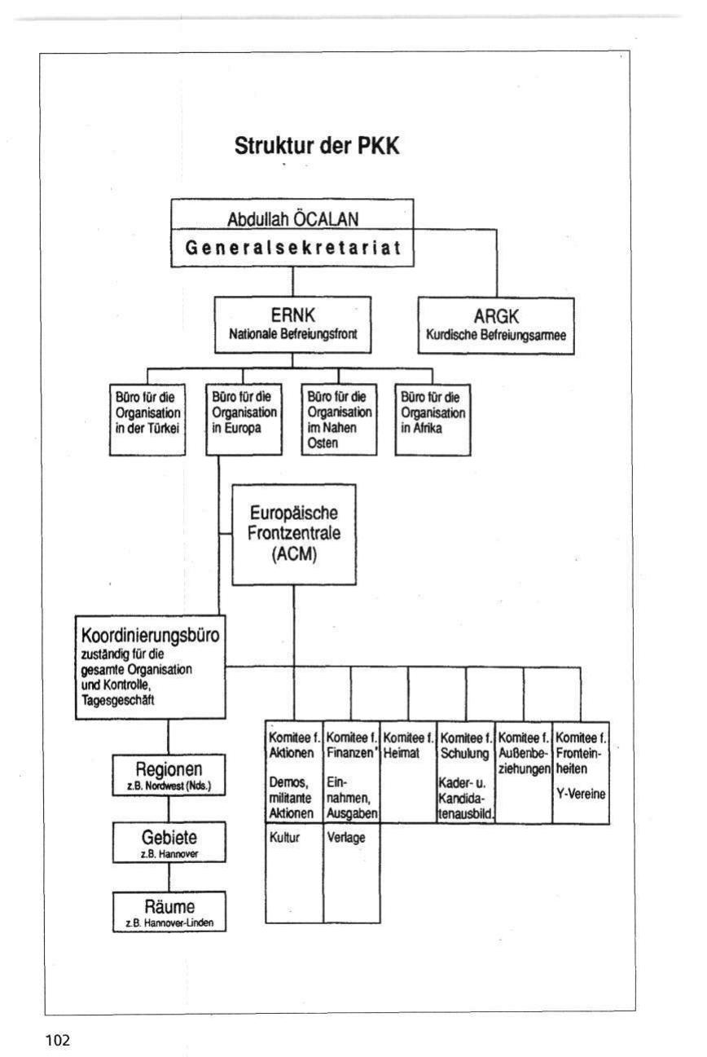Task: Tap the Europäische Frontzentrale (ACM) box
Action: click(x=294, y=535)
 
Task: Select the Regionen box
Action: click(x=169, y=774)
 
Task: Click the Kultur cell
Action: click(x=294, y=872)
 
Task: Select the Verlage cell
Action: click(x=352, y=872)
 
